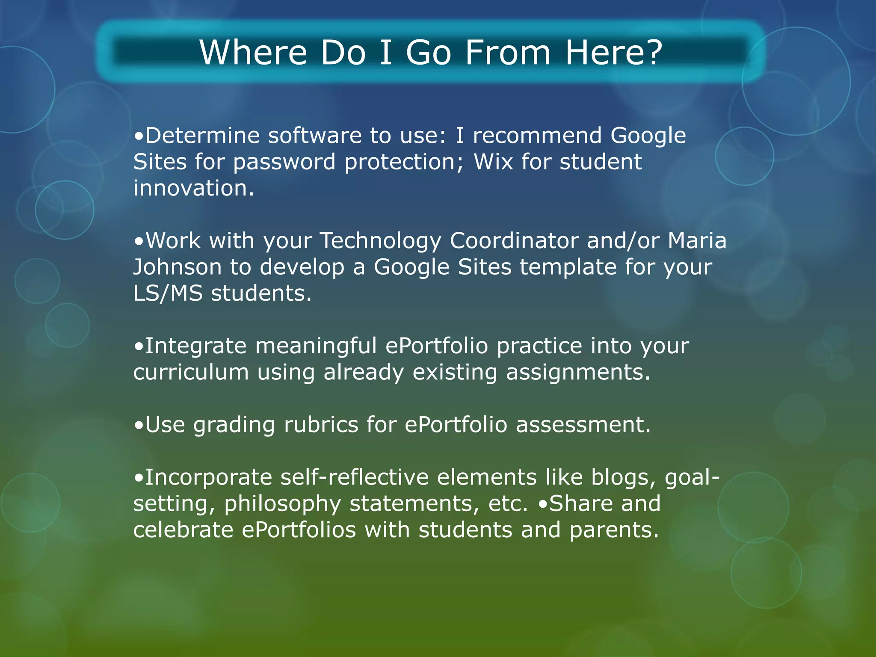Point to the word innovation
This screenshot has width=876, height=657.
point(193,188)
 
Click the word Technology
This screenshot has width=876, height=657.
point(381,241)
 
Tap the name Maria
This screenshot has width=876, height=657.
point(697,241)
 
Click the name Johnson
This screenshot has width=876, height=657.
point(178,267)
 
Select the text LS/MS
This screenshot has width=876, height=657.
point(168,294)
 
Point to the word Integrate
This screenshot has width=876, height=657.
point(196,346)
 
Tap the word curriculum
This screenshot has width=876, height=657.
point(191,373)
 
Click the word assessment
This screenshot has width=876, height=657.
point(583,425)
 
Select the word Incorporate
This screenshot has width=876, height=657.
point(209,478)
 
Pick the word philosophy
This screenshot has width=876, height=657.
point(282,504)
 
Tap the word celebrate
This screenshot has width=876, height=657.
point(183,530)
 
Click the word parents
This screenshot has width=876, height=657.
point(614,530)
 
